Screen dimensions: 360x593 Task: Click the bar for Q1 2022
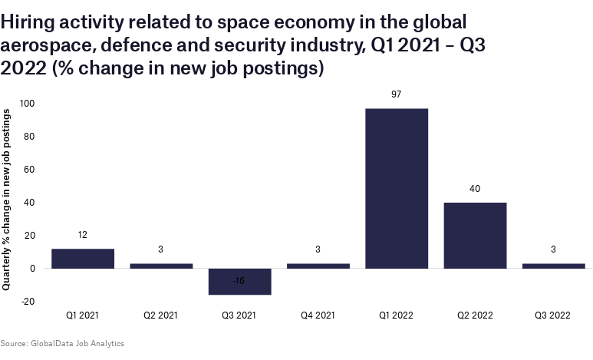[x=396, y=188]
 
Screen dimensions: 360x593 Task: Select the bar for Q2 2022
[x=474, y=235]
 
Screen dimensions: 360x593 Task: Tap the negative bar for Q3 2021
[x=239, y=282]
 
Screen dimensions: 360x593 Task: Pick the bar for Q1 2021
[x=83, y=259]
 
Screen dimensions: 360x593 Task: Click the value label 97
[x=396, y=94]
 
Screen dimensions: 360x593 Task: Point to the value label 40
[x=474, y=189]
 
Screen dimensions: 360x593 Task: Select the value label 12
[x=83, y=235]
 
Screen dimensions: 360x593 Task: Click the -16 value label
[x=239, y=282]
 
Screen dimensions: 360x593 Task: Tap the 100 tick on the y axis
[x=28, y=104]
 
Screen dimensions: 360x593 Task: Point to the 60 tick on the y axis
[x=31, y=170]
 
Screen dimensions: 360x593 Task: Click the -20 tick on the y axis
[x=29, y=302]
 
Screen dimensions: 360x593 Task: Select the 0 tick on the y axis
[x=33, y=269]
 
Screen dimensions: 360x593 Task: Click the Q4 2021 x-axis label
[x=318, y=315]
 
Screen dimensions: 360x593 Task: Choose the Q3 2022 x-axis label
[x=552, y=315]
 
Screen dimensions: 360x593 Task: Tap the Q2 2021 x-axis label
[x=161, y=315]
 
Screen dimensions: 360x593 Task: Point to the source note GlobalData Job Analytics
[x=62, y=343]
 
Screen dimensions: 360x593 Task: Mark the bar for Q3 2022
[x=552, y=266]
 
